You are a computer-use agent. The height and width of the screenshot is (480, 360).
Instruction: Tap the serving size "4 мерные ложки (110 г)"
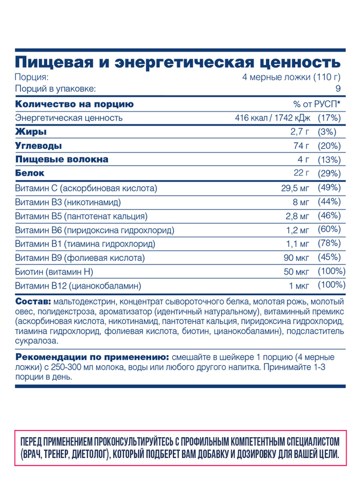click(x=292, y=78)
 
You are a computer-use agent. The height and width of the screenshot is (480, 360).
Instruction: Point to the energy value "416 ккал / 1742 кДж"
click(x=273, y=118)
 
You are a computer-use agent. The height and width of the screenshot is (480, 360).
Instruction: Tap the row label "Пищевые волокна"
click(x=62, y=159)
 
